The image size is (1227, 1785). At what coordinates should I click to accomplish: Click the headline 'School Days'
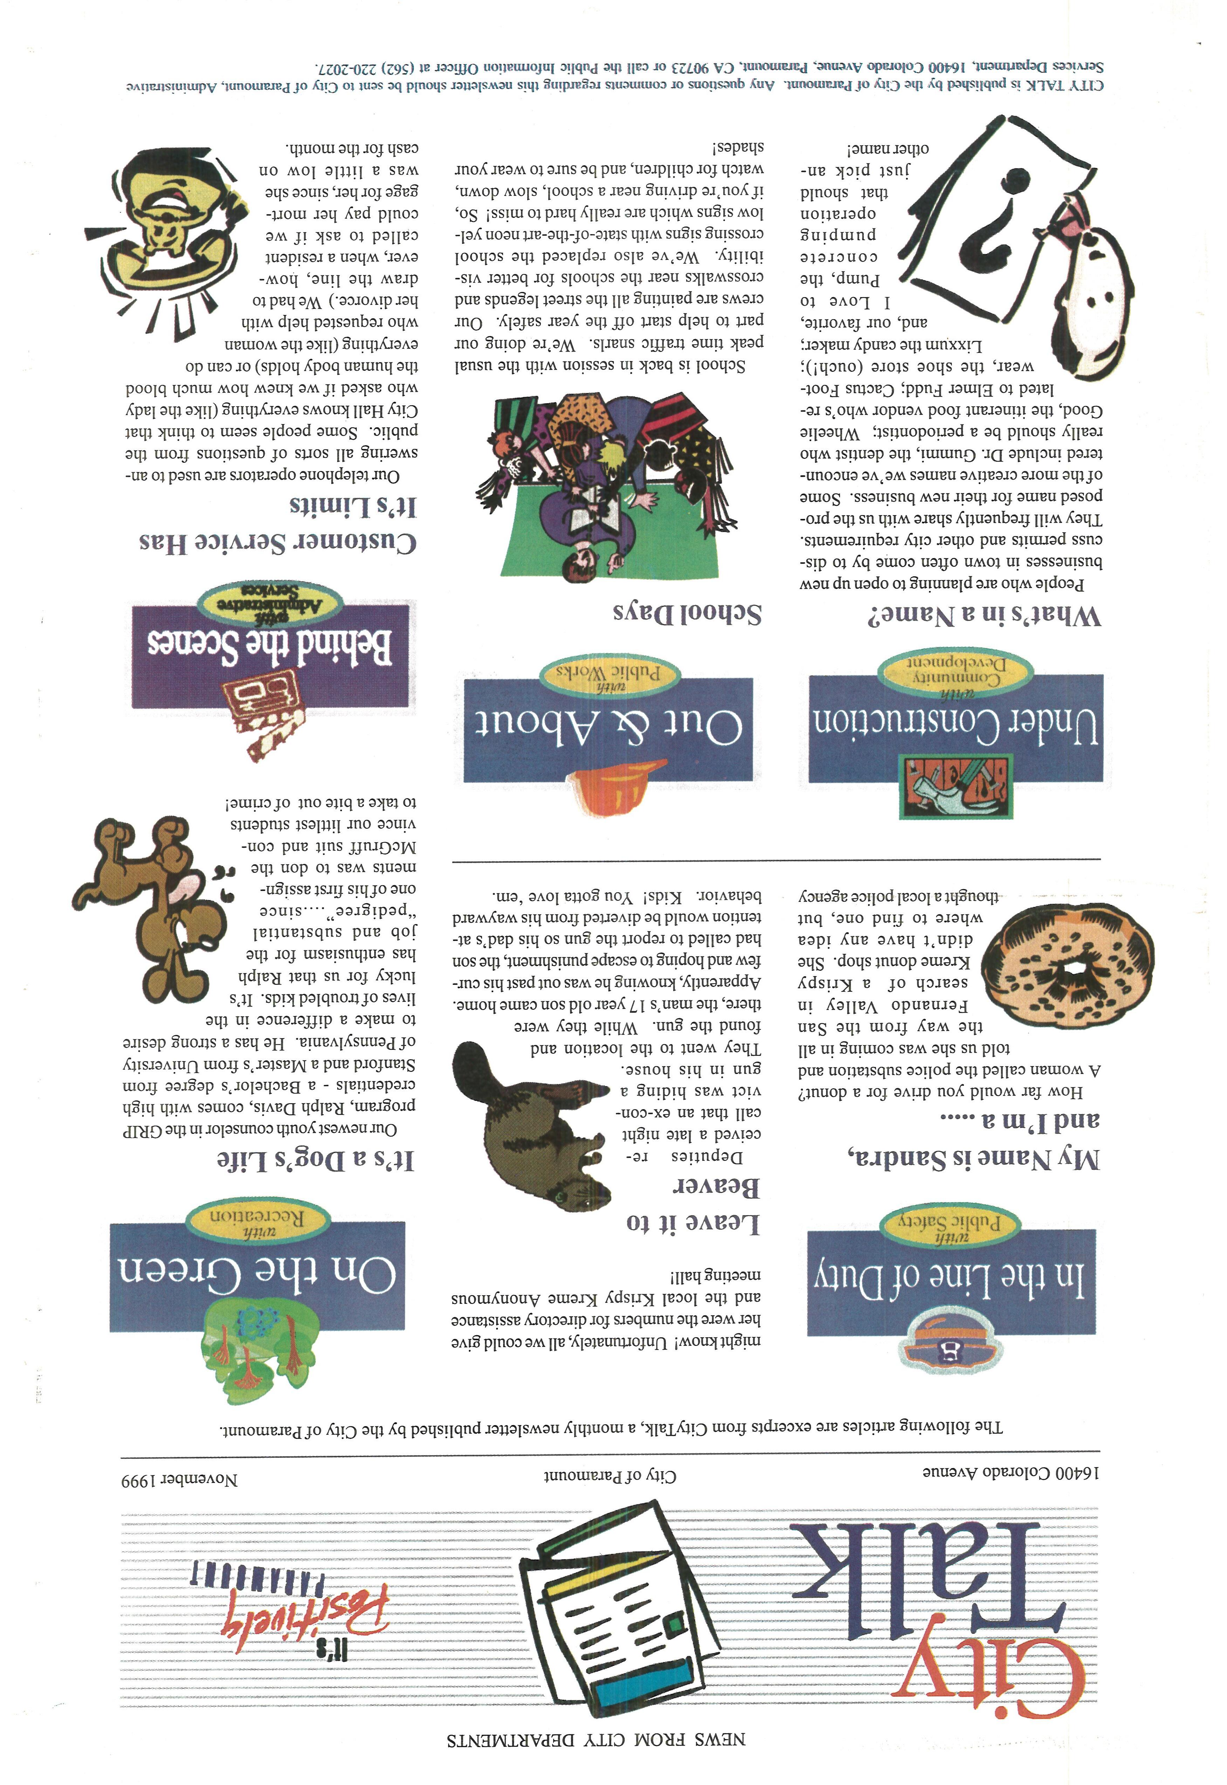click(x=686, y=613)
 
